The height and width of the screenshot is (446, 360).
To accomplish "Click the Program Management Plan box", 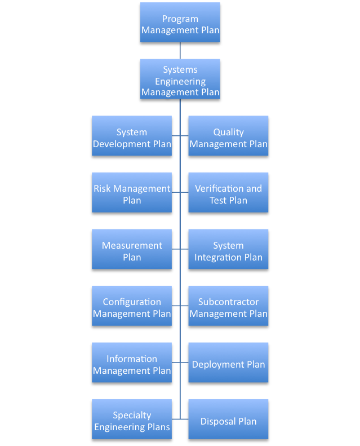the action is pos(180,23).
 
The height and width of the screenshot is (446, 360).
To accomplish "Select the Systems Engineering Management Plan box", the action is pos(180,79).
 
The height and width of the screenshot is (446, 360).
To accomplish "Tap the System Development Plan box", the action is pos(132,136).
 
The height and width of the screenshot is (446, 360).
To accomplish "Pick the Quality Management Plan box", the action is pos(228,136).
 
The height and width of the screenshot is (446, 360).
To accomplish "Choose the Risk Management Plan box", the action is pos(132,192).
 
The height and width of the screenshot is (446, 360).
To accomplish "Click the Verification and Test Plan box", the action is pos(228,192).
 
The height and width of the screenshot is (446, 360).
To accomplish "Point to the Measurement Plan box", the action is pos(132,249).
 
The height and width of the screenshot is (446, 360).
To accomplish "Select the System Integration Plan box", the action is pos(228,249).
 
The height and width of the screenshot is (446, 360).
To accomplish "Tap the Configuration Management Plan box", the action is pos(132,306).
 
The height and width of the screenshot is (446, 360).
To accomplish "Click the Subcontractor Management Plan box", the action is pos(228,306).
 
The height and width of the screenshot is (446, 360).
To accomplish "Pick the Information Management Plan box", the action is pos(132,363).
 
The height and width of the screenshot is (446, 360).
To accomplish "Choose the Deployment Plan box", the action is pos(228,363).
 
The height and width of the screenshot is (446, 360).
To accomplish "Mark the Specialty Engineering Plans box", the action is pos(132,419).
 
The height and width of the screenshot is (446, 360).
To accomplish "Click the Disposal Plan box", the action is pos(228,419).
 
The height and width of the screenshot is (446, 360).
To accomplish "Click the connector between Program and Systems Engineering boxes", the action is pos(180,51).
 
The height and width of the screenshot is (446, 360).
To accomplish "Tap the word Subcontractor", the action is pos(228,302).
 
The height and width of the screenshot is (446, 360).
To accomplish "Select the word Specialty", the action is pos(132,416).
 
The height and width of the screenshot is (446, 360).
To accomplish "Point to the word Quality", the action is pos(228,133).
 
